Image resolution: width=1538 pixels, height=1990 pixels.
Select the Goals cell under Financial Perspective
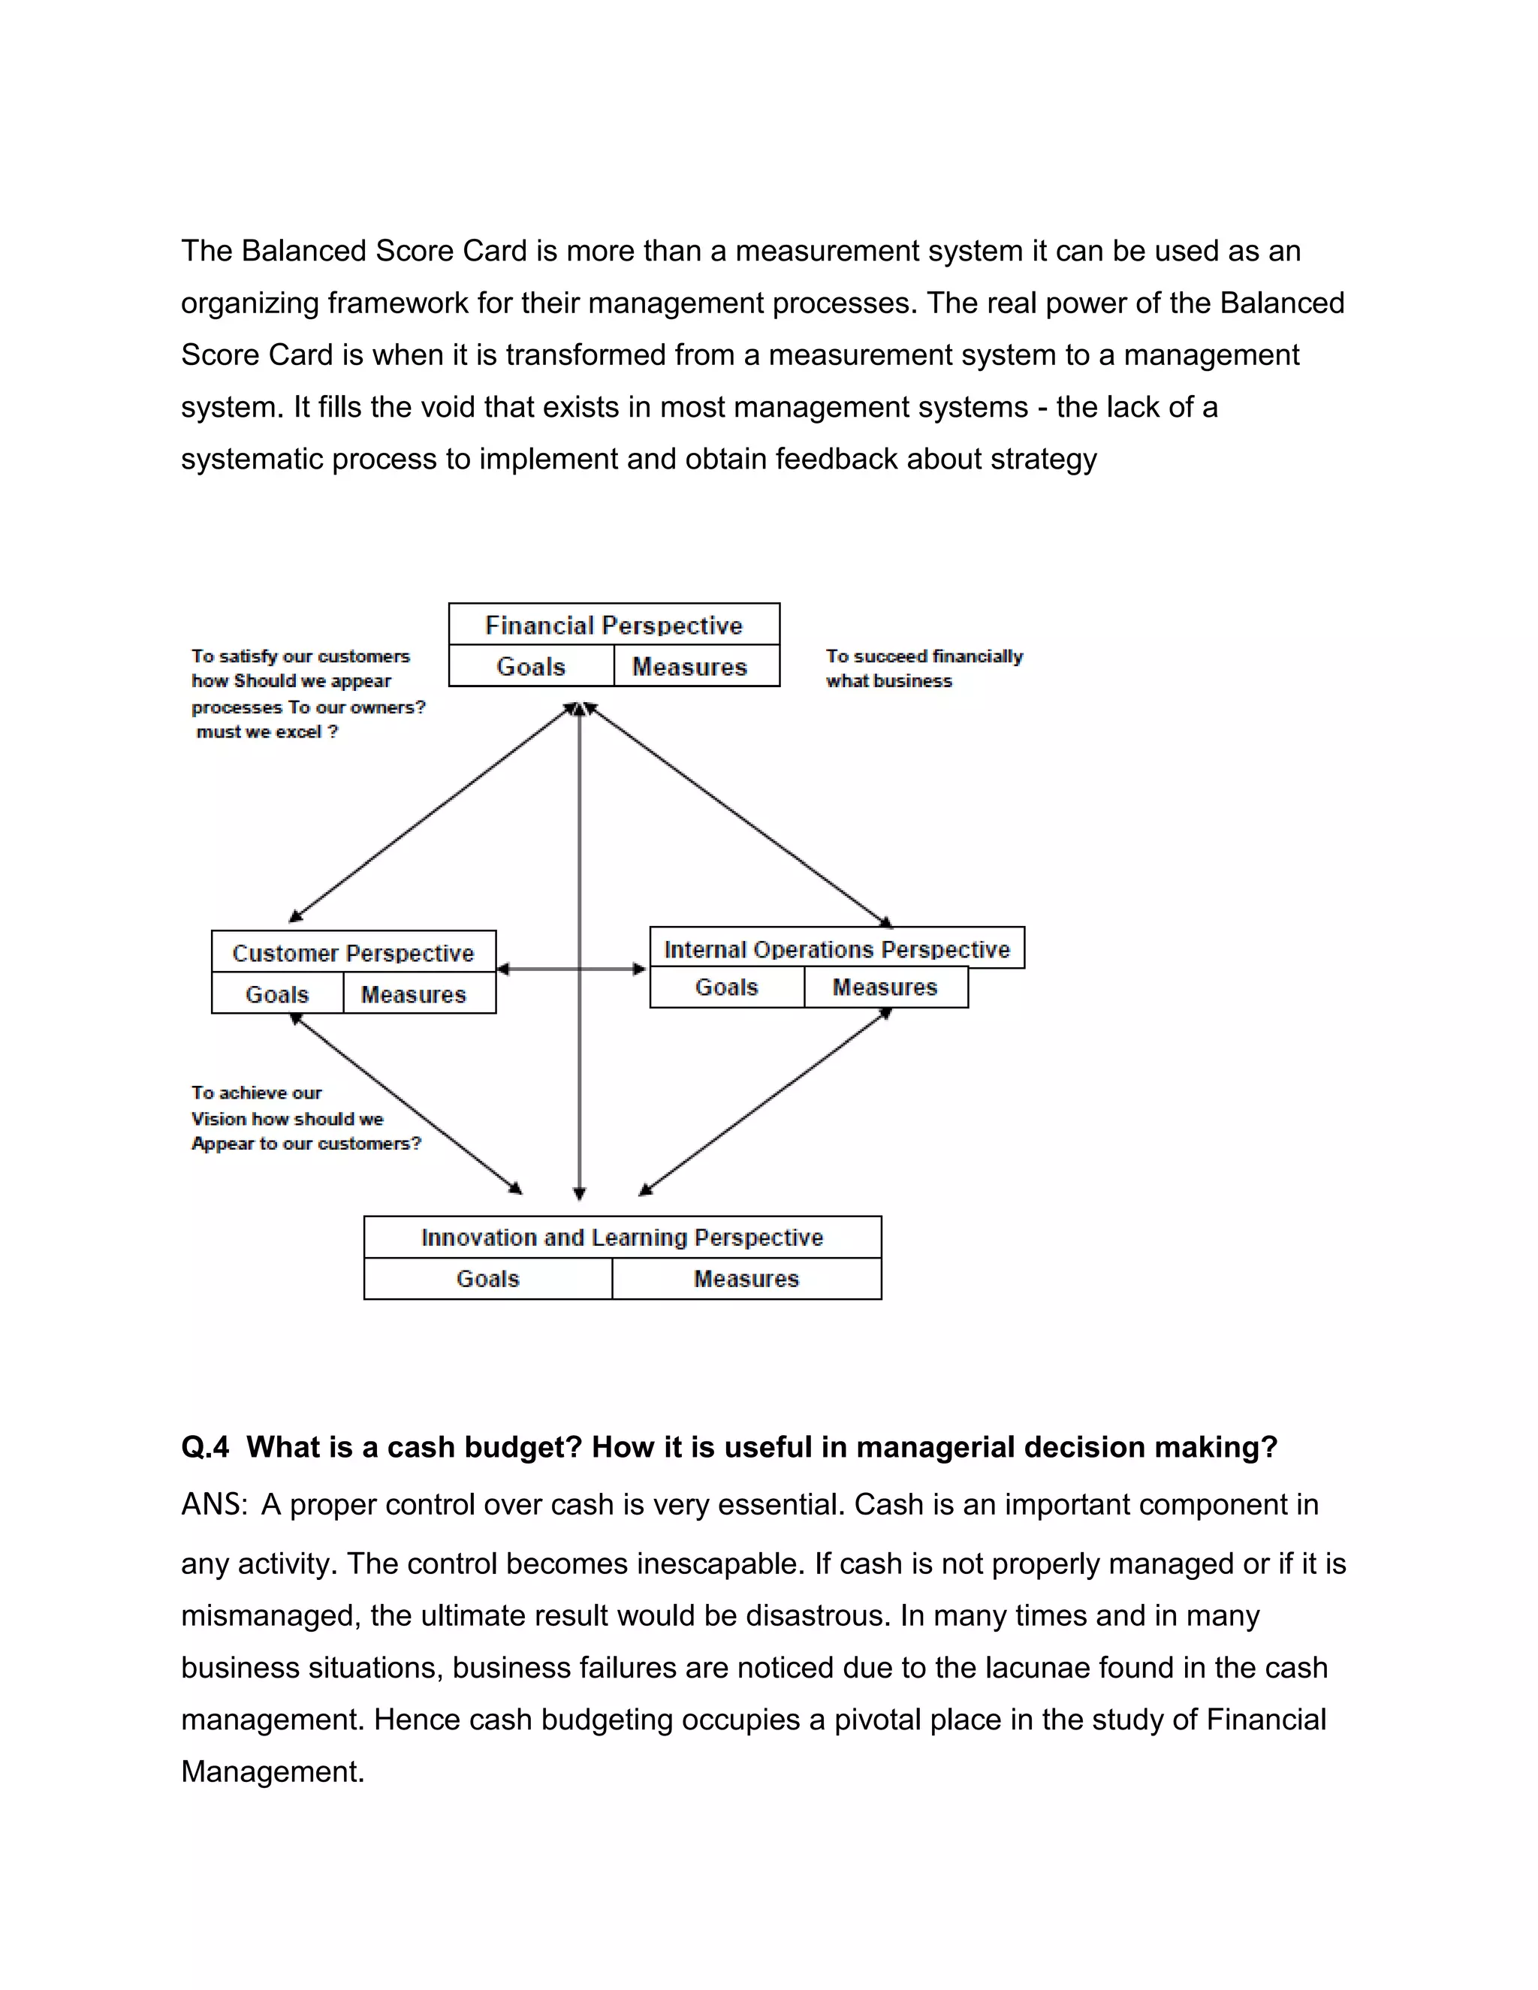coord(531,666)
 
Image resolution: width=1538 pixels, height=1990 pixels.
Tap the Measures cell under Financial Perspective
coord(689,666)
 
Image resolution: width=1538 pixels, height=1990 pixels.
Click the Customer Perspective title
coord(353,953)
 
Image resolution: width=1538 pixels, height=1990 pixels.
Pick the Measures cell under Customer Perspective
coord(413,994)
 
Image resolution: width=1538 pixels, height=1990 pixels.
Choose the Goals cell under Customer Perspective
coord(277,994)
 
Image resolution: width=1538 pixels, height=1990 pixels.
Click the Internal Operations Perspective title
coord(837,949)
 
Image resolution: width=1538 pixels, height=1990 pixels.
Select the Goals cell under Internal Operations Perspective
coord(726,987)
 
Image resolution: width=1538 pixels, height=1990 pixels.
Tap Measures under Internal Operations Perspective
coord(885,987)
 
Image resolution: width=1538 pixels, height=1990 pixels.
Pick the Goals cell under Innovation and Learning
coord(487,1280)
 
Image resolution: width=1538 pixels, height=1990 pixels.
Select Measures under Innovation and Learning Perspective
coord(746,1280)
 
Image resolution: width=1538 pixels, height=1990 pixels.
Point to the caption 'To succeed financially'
coord(924,656)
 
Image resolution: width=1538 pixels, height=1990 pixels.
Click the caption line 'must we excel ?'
coord(267,731)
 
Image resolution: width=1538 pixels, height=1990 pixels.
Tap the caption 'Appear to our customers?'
coord(306,1144)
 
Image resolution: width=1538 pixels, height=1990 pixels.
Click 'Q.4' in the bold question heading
coord(205,1447)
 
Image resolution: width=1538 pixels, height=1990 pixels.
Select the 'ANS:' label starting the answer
coord(214,1504)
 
